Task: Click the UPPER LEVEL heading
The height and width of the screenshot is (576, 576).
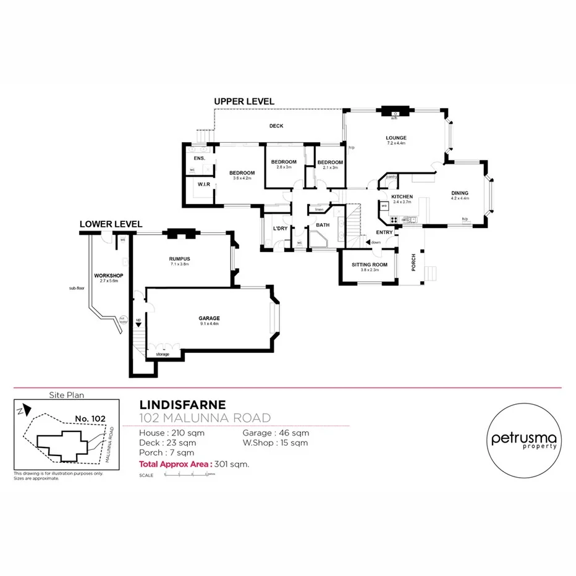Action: pos(244,101)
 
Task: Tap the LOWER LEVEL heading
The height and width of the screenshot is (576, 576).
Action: pos(111,224)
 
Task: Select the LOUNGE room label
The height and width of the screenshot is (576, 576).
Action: pos(396,138)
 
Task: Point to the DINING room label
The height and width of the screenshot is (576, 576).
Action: pos(459,193)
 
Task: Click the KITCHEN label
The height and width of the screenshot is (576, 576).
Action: pos(402,197)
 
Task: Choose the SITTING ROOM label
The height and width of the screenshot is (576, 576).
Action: pos(370,265)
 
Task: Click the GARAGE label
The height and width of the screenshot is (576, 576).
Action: pos(210,318)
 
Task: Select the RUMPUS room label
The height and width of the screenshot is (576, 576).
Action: pos(179,258)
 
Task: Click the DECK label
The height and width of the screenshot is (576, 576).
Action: pos(276,126)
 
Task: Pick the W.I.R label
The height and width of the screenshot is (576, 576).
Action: pos(203,184)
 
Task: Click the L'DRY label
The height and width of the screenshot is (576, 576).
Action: pos(279,229)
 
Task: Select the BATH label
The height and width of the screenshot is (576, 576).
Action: pos(323,225)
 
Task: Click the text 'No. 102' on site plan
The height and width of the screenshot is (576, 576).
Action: pos(90,418)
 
